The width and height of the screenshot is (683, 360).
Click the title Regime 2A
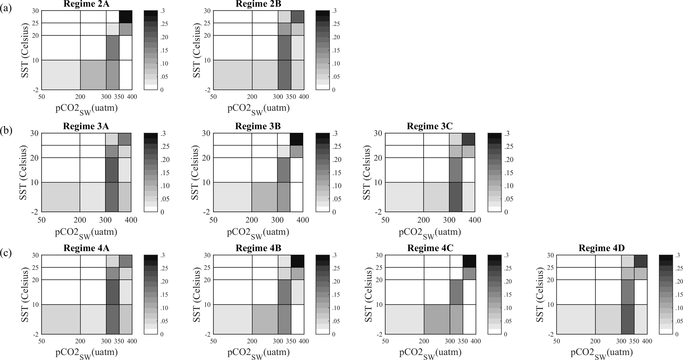click(87, 4)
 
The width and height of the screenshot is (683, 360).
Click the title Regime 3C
click(430, 126)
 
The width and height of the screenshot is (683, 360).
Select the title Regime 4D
click(601, 248)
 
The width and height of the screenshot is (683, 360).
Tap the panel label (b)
click(6, 130)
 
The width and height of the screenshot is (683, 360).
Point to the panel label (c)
click(6, 253)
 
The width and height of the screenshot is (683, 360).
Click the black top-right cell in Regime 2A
click(126, 17)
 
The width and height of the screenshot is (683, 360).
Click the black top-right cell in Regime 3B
click(296, 139)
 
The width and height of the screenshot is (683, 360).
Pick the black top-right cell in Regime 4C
click(469, 261)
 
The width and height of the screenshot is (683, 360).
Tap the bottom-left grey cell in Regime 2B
click(233, 75)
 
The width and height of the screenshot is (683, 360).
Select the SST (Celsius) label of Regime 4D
click(540, 295)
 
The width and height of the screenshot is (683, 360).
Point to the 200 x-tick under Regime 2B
click(252, 97)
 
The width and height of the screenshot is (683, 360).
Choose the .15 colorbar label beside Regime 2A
click(165, 50)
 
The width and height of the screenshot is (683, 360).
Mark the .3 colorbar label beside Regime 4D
click(677, 255)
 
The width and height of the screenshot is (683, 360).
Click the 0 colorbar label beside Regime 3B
click(334, 212)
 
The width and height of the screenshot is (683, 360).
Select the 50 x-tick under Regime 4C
click(385, 341)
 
